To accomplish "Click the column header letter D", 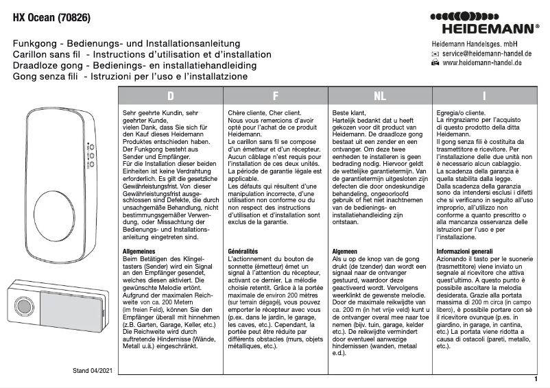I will click(x=171, y=95).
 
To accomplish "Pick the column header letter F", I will click(x=275, y=95).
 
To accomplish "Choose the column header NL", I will click(x=380, y=95).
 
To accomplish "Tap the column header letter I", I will click(x=484, y=95).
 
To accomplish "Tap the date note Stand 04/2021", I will click(x=93, y=371).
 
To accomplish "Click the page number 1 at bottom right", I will click(x=535, y=378).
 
